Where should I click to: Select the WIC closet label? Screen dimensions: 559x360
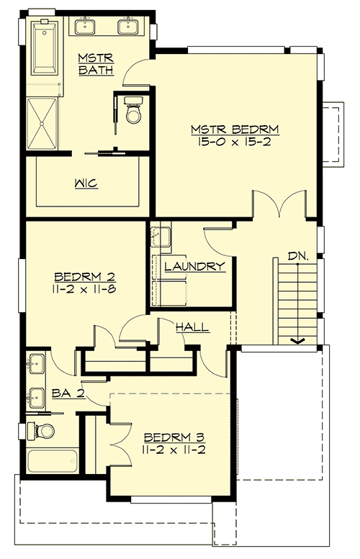(x=86, y=183)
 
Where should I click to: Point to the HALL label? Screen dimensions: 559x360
(x=192, y=327)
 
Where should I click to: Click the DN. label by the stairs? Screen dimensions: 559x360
(x=297, y=255)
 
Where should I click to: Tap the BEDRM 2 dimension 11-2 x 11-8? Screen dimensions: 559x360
(x=86, y=289)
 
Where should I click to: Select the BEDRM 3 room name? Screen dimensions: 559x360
(x=171, y=437)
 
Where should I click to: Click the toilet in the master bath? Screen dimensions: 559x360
(x=133, y=111)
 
